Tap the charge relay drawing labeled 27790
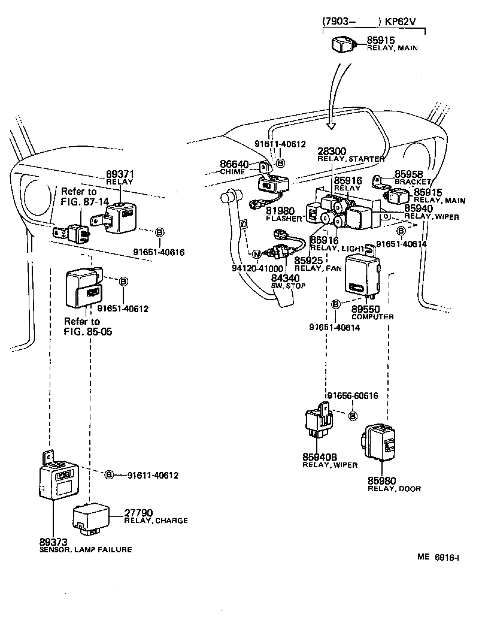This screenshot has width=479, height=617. tap(92, 518)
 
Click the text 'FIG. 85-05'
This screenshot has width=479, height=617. tap(88, 331)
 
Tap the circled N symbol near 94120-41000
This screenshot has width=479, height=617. tap(256, 254)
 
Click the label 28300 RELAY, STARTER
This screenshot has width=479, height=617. tap(350, 154)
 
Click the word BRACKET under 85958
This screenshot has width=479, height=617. tap(413, 181)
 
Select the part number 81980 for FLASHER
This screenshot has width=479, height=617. tap(280, 211)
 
